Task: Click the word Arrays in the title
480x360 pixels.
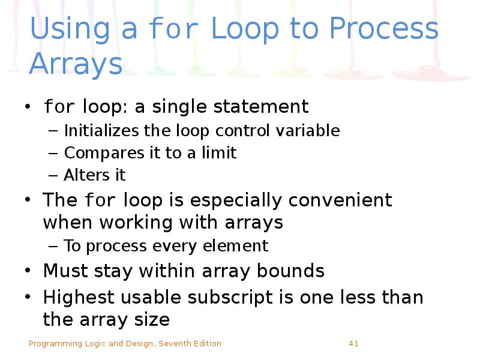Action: [x=76, y=64]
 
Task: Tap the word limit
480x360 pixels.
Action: [x=221, y=153]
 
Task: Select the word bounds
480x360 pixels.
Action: [x=290, y=271]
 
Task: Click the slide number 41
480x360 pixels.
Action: [x=353, y=344]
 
